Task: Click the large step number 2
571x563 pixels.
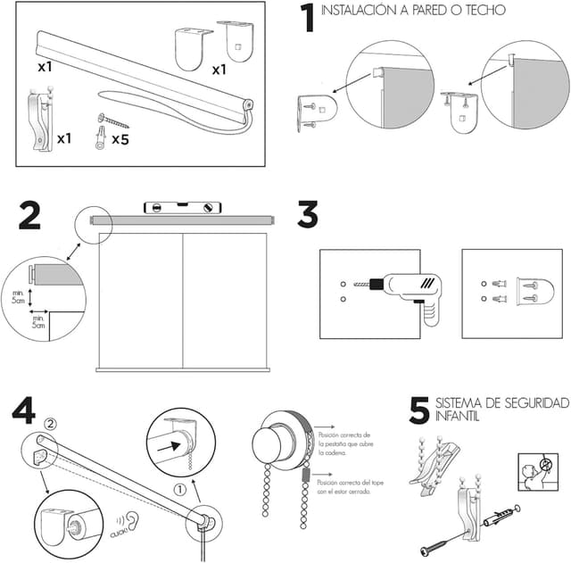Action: pos(29,217)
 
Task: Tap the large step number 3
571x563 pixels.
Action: pos(308,217)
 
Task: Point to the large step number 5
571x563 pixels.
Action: pos(418,410)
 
